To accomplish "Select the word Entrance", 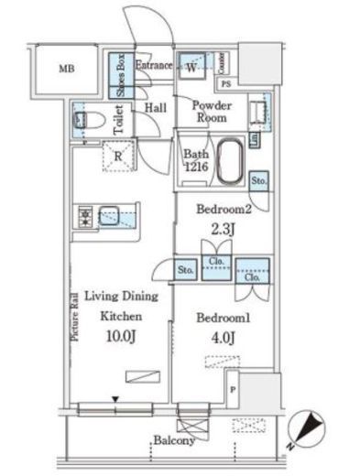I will click(154, 66).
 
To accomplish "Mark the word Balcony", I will click(174, 441).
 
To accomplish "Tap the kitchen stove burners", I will click(82, 217).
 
